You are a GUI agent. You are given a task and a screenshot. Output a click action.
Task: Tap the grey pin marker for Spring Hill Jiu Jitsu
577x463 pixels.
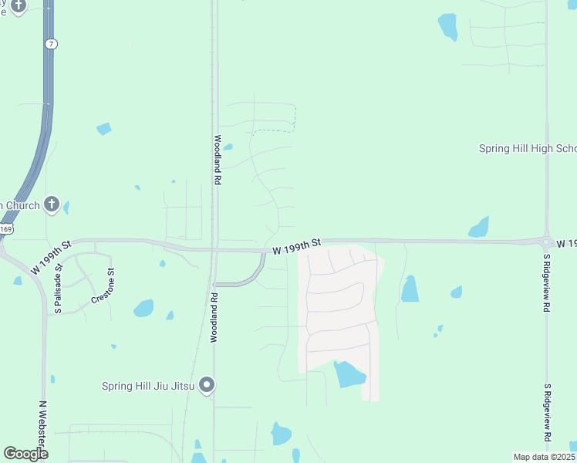[x=207, y=384]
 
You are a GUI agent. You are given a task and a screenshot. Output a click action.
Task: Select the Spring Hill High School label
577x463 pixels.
[x=528, y=149]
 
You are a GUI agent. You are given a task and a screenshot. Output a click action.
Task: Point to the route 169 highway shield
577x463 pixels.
[x=5, y=229]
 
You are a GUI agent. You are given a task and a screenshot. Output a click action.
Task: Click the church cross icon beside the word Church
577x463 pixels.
[x=52, y=204]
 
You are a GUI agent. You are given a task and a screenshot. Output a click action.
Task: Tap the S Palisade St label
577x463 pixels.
[x=57, y=292]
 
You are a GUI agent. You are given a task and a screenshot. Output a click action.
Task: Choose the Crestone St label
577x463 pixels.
[x=103, y=284]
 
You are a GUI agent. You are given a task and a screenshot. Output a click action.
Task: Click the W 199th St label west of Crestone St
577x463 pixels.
[x=51, y=257]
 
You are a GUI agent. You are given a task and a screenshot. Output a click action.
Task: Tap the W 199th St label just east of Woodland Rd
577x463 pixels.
[x=295, y=245]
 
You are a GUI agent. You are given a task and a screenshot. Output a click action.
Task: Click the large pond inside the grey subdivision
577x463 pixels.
[x=349, y=374]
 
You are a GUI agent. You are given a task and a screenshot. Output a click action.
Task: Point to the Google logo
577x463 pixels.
[x=25, y=453]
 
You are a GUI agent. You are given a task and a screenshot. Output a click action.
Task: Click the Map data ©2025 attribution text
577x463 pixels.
[x=544, y=457]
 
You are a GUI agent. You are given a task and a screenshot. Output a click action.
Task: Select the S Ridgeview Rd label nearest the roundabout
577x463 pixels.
[x=546, y=283]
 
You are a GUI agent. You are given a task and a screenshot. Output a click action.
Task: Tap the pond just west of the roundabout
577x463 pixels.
[x=479, y=228]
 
